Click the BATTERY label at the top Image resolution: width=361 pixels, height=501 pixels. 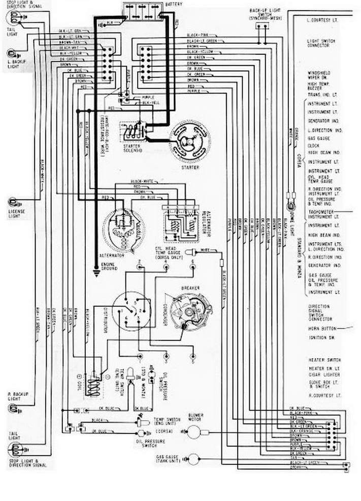pyautogui.click(x=175, y=4)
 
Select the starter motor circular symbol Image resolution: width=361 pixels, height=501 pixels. pyautogui.click(x=189, y=141)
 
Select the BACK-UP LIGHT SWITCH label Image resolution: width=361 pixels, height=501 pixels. pyautogui.click(x=264, y=14)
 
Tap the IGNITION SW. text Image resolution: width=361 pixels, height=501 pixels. pyautogui.click(x=320, y=337)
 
